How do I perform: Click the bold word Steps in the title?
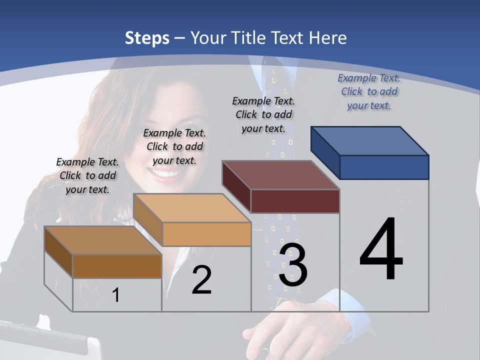click(147, 38)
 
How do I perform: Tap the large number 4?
click(381, 250)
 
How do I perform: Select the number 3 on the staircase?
click(293, 265)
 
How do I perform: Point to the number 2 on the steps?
click(201, 280)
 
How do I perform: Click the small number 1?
click(116, 295)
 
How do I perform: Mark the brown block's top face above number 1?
click(103, 240)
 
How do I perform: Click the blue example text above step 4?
click(369, 91)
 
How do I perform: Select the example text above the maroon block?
click(263, 114)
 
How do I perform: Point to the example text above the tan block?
click(174, 146)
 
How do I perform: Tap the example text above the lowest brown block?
click(87, 175)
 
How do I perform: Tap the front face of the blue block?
click(384, 167)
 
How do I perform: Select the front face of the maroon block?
click(295, 201)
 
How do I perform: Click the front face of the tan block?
click(206, 234)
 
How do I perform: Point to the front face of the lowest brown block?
click(117, 266)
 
